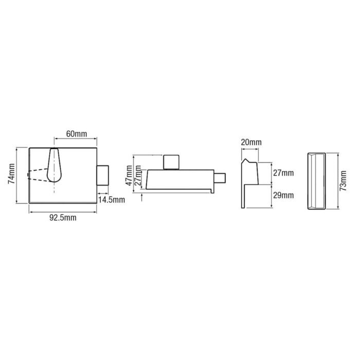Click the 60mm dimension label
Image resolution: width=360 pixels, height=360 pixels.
click(76, 134)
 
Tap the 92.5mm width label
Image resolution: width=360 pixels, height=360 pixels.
click(63, 218)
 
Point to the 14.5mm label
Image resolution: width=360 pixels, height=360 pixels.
click(111, 199)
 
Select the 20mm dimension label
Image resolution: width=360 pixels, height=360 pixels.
click(251, 142)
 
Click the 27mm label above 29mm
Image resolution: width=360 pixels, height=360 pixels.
click(283, 173)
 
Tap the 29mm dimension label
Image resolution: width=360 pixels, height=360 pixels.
click(283, 195)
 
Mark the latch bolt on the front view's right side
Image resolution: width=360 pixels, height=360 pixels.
click(103, 175)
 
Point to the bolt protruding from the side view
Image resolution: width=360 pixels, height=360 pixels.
click(221, 179)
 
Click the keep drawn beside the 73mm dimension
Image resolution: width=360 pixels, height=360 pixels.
click(316, 181)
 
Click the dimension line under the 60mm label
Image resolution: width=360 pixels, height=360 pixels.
click(76, 139)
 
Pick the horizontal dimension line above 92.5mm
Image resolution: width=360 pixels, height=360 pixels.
click(63, 211)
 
